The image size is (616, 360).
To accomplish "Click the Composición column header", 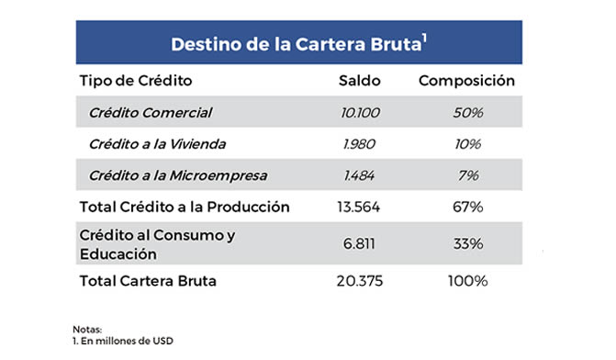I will pos(466,81).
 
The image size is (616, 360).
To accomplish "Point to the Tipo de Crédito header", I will pos(136,81).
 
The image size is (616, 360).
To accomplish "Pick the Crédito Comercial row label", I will pos(151,113).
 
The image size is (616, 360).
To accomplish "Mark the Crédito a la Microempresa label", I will pos(172,175).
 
